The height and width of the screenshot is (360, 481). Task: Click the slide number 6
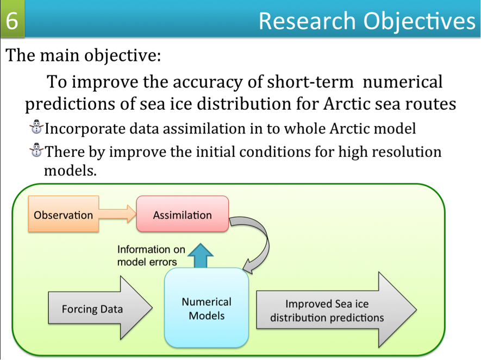pos(11,20)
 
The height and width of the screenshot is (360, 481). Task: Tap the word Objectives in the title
pos(419,21)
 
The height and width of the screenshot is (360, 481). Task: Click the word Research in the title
pos(307,21)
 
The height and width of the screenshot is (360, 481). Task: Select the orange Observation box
pos(64,214)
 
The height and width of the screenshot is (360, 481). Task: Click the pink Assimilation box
pos(183,214)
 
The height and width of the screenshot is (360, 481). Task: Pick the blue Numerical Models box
pos(207,308)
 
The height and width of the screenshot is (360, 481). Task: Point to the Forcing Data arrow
pos(100,308)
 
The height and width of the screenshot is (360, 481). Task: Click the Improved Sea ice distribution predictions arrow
pos(336,310)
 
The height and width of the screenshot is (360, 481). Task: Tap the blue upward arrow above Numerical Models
pos(201,256)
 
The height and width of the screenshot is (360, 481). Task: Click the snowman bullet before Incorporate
pos(36,127)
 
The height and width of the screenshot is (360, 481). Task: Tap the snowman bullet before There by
pos(36,150)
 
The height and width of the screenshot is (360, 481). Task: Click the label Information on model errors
pos(151,256)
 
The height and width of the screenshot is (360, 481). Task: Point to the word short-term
pos(310,82)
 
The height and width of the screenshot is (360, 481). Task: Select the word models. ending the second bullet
pos(70,170)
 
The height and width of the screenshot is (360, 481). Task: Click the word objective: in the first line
pos(123,56)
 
